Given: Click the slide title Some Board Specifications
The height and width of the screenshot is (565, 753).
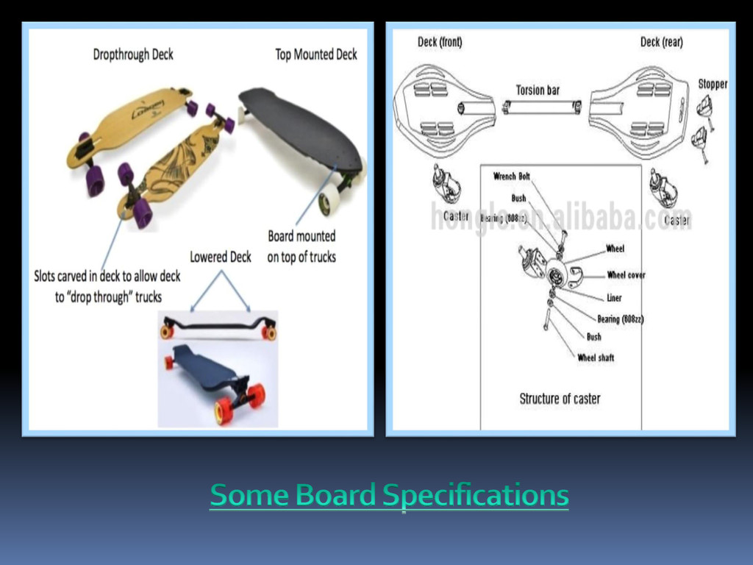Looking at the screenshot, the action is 389,495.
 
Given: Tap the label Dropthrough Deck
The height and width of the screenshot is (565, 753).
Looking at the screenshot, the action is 133,54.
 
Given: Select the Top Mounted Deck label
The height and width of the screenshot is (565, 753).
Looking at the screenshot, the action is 316,54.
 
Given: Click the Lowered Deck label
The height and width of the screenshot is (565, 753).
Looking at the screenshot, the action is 221,257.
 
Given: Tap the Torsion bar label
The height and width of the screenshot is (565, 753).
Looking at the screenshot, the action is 538,90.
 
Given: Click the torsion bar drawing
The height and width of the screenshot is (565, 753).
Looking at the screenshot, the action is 541,107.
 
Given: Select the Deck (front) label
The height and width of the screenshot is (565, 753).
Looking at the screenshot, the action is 440,42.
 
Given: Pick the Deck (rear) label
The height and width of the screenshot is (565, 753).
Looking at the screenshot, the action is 661,42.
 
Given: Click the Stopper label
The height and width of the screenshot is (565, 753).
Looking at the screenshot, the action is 713,84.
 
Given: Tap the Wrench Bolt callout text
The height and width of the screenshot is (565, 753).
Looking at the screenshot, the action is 511,177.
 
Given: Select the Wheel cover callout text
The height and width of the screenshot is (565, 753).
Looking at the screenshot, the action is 626,275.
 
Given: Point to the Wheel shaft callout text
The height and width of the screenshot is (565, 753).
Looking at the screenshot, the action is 596,358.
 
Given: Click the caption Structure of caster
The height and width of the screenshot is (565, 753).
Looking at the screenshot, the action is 560,399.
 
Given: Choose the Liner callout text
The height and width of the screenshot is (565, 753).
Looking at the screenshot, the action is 614,298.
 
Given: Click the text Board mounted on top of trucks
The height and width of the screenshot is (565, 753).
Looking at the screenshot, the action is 301,246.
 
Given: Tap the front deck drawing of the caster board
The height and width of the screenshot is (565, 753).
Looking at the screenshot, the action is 442,110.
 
